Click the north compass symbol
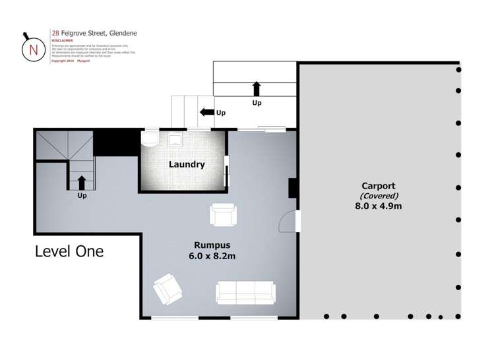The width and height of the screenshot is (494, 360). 31,47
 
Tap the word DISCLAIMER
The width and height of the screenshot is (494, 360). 63,40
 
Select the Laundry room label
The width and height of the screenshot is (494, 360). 186,164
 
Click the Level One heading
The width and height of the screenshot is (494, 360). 69,251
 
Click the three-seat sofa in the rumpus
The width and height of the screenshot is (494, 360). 245,291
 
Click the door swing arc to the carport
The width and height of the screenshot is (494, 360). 288,223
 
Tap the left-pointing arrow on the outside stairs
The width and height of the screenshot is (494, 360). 206,113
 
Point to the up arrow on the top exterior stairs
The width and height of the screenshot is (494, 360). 256,89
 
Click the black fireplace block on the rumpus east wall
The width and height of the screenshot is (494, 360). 293,189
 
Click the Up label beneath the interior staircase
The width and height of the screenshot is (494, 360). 82,196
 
